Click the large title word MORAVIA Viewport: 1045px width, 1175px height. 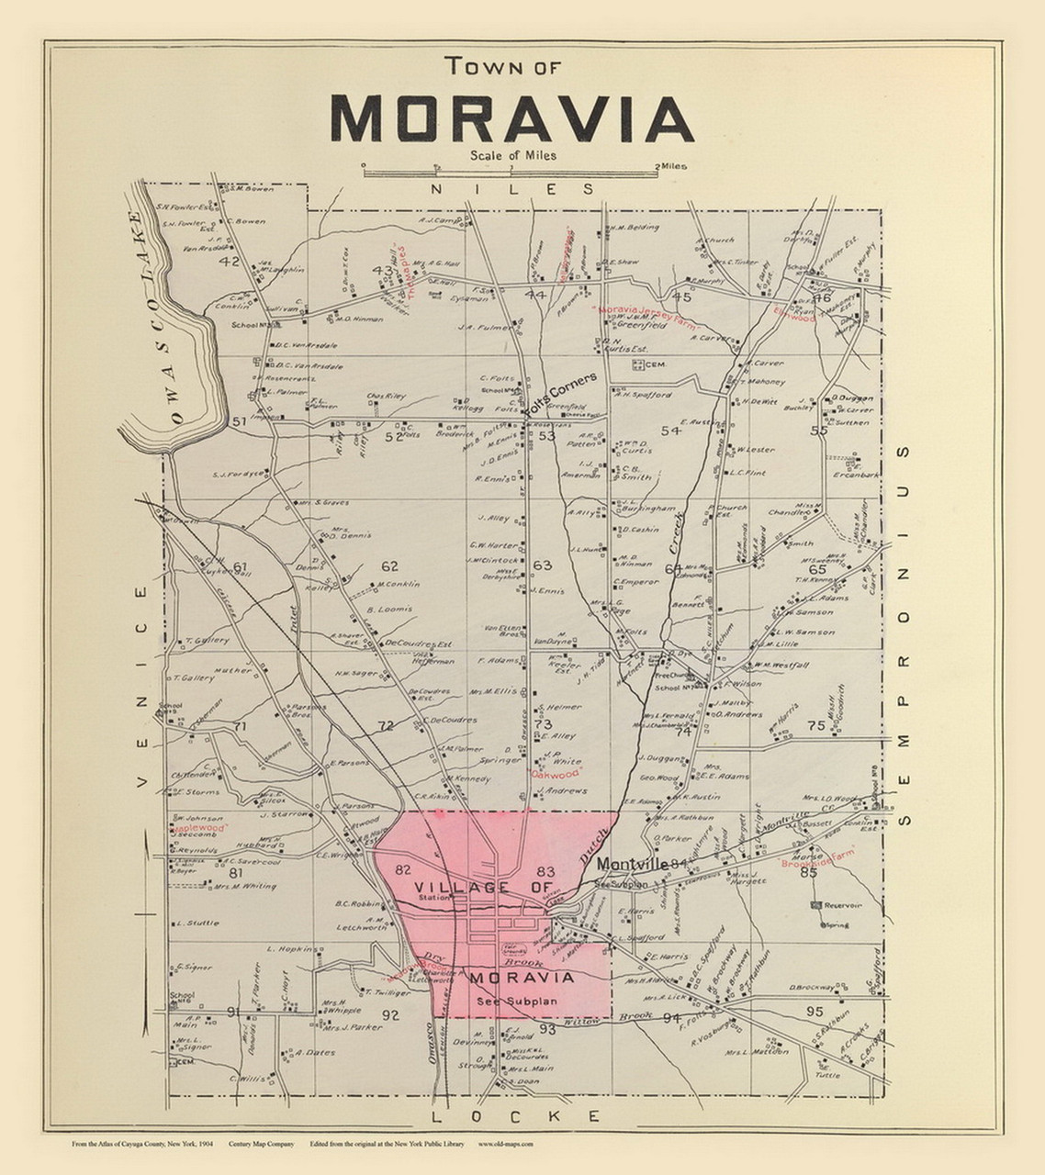click(x=511, y=118)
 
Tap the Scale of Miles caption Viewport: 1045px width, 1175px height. click(x=512, y=155)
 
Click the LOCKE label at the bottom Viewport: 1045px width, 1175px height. click(x=515, y=1115)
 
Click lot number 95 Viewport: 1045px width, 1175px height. click(x=815, y=1011)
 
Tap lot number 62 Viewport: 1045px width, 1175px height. click(x=390, y=566)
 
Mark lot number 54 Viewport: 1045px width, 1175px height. click(x=671, y=431)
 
